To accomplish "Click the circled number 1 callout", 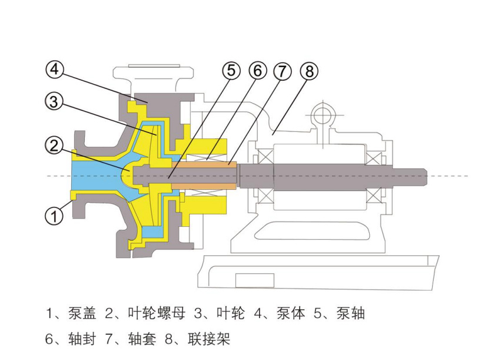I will point(54,216).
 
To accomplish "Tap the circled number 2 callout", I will point(54,146).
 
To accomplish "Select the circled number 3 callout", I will point(54,101).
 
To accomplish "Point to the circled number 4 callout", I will point(54,70).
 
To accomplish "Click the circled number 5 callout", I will point(231,71).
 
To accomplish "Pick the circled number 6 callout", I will point(257,71).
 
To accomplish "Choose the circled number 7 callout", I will point(283,71).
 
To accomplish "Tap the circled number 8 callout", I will point(308,71).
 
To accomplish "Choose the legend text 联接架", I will point(209,339).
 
